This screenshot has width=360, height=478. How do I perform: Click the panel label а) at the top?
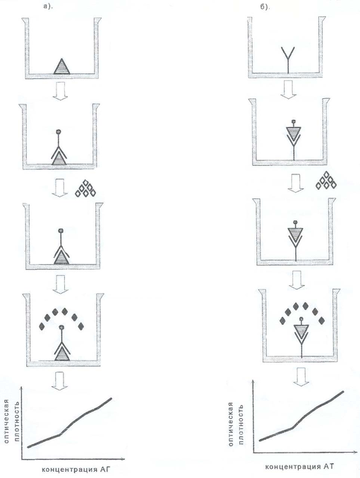coord(48,6)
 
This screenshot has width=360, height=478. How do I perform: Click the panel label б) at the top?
coord(265,6)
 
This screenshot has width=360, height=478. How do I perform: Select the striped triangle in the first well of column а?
coord(62,66)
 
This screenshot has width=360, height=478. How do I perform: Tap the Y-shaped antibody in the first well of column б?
coord(288,60)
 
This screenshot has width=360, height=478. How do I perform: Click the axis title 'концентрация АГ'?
coord(76,469)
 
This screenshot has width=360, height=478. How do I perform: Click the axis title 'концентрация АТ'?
coord(299,467)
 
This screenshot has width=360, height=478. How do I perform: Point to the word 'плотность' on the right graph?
coord(241,424)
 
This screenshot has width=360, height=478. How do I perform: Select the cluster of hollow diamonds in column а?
coord(85,189)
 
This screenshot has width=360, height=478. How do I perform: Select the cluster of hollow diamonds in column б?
coord(326,181)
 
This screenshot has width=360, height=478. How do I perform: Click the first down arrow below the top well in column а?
coord(60,90)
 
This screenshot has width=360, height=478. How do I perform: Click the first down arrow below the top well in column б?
coord(288,90)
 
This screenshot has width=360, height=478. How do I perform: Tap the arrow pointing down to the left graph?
coord(60,381)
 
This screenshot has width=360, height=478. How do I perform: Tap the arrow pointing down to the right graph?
coord(301,377)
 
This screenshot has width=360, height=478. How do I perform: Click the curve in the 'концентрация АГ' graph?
coord(70,423)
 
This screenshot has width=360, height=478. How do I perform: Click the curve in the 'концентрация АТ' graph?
coord(302,416)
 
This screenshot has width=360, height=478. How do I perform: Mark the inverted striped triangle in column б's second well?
coord(294,132)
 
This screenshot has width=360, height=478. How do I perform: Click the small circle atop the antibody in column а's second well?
coord(59,132)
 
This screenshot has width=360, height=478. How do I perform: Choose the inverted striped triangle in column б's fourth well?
coord(301,330)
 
